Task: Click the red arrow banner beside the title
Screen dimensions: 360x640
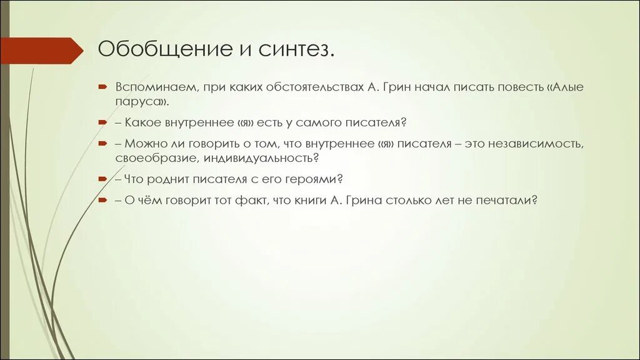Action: (41, 50)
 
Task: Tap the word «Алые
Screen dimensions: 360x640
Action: (564, 87)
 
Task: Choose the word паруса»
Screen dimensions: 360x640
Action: (141, 101)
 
